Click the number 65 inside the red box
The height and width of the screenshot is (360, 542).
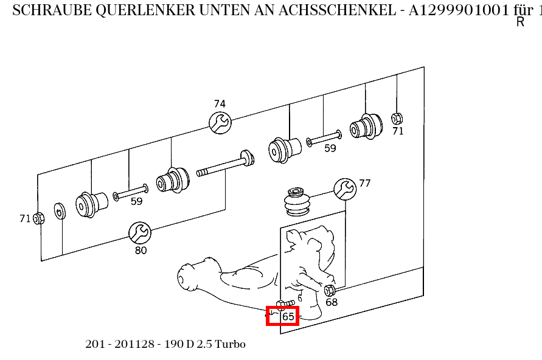(288, 316)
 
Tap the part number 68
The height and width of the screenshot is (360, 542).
(332, 302)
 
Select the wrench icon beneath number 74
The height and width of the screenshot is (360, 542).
(220, 123)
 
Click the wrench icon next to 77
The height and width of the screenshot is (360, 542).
(345, 189)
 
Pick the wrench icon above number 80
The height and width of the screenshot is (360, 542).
(140, 232)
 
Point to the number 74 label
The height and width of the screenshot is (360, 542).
(220, 104)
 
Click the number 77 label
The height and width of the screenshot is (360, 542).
(364, 183)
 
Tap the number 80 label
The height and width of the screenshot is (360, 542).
(141, 250)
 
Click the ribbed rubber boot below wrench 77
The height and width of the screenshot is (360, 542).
(297, 202)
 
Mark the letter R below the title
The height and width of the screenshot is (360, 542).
(520, 22)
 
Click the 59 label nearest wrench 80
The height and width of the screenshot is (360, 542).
(137, 201)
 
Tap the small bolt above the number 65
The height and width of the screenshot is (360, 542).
(285, 303)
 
